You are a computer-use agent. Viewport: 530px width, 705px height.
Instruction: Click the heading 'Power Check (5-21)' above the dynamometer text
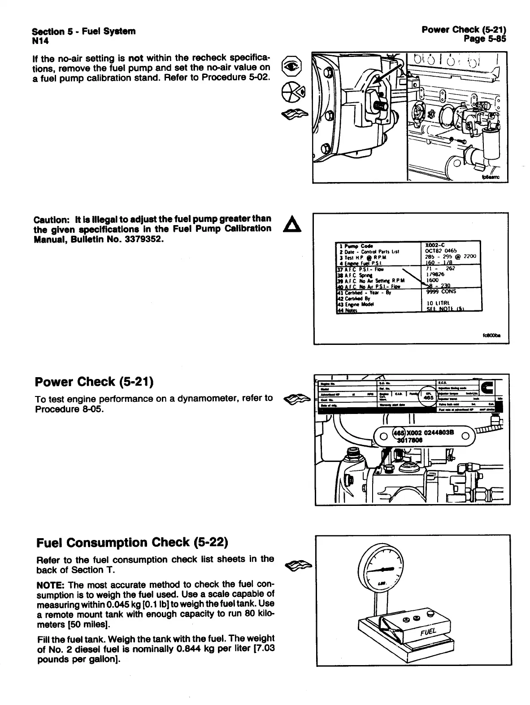point(94,382)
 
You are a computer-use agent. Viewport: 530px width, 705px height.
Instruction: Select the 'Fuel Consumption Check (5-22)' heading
point(132,543)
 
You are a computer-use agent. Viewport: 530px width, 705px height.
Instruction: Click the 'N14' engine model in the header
point(40,41)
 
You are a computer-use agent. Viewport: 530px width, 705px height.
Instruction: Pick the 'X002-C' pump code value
point(435,245)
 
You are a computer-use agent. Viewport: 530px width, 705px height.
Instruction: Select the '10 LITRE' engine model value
point(439,303)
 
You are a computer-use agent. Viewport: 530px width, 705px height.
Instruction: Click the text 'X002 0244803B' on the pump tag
point(430,432)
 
